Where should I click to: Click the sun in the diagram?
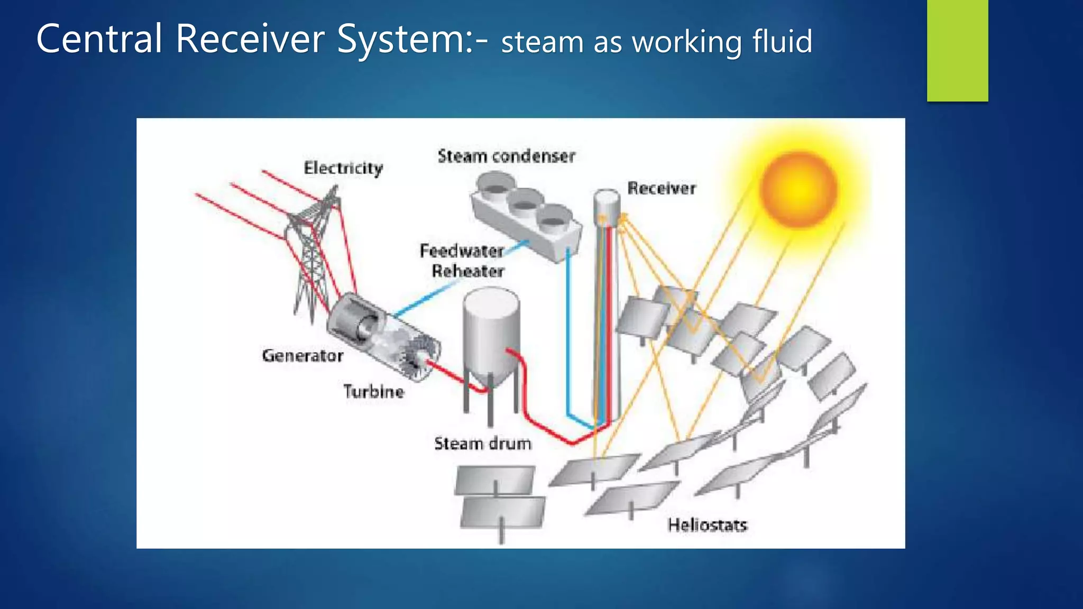tap(799, 189)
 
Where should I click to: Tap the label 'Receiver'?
tap(662, 188)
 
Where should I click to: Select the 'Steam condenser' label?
tap(506, 156)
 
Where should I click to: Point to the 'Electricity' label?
tap(343, 168)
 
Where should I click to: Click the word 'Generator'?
tap(302, 356)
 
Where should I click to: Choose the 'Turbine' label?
tap(374, 392)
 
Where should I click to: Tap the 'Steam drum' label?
tap(482, 444)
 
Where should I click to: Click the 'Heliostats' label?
tap(707, 525)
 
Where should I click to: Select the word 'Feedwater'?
tap(462, 251)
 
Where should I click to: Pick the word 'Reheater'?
tap(468, 271)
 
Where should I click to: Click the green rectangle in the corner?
tap(957, 50)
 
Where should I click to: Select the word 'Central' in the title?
tap(99, 39)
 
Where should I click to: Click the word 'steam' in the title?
tap(542, 42)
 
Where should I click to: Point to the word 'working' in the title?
tap(687, 42)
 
